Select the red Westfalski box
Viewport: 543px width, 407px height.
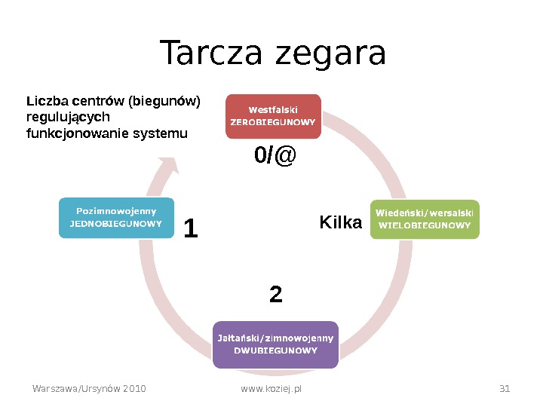(273, 116)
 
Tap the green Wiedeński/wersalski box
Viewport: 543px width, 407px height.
(425, 219)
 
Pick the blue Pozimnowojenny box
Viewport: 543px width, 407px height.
(116, 217)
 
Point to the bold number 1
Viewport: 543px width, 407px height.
(191, 229)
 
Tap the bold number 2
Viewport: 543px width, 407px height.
(276, 294)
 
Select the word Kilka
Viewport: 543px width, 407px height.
(341, 222)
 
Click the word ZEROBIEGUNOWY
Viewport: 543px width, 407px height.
(273, 121)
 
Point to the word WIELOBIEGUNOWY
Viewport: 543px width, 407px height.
(425, 225)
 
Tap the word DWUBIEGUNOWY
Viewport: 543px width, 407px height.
(275, 350)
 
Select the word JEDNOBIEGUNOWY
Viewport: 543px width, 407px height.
(116, 224)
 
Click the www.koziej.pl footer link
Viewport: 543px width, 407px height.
(271, 389)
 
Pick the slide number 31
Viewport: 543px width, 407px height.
(505, 389)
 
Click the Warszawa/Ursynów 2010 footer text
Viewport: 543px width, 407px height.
(89, 389)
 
